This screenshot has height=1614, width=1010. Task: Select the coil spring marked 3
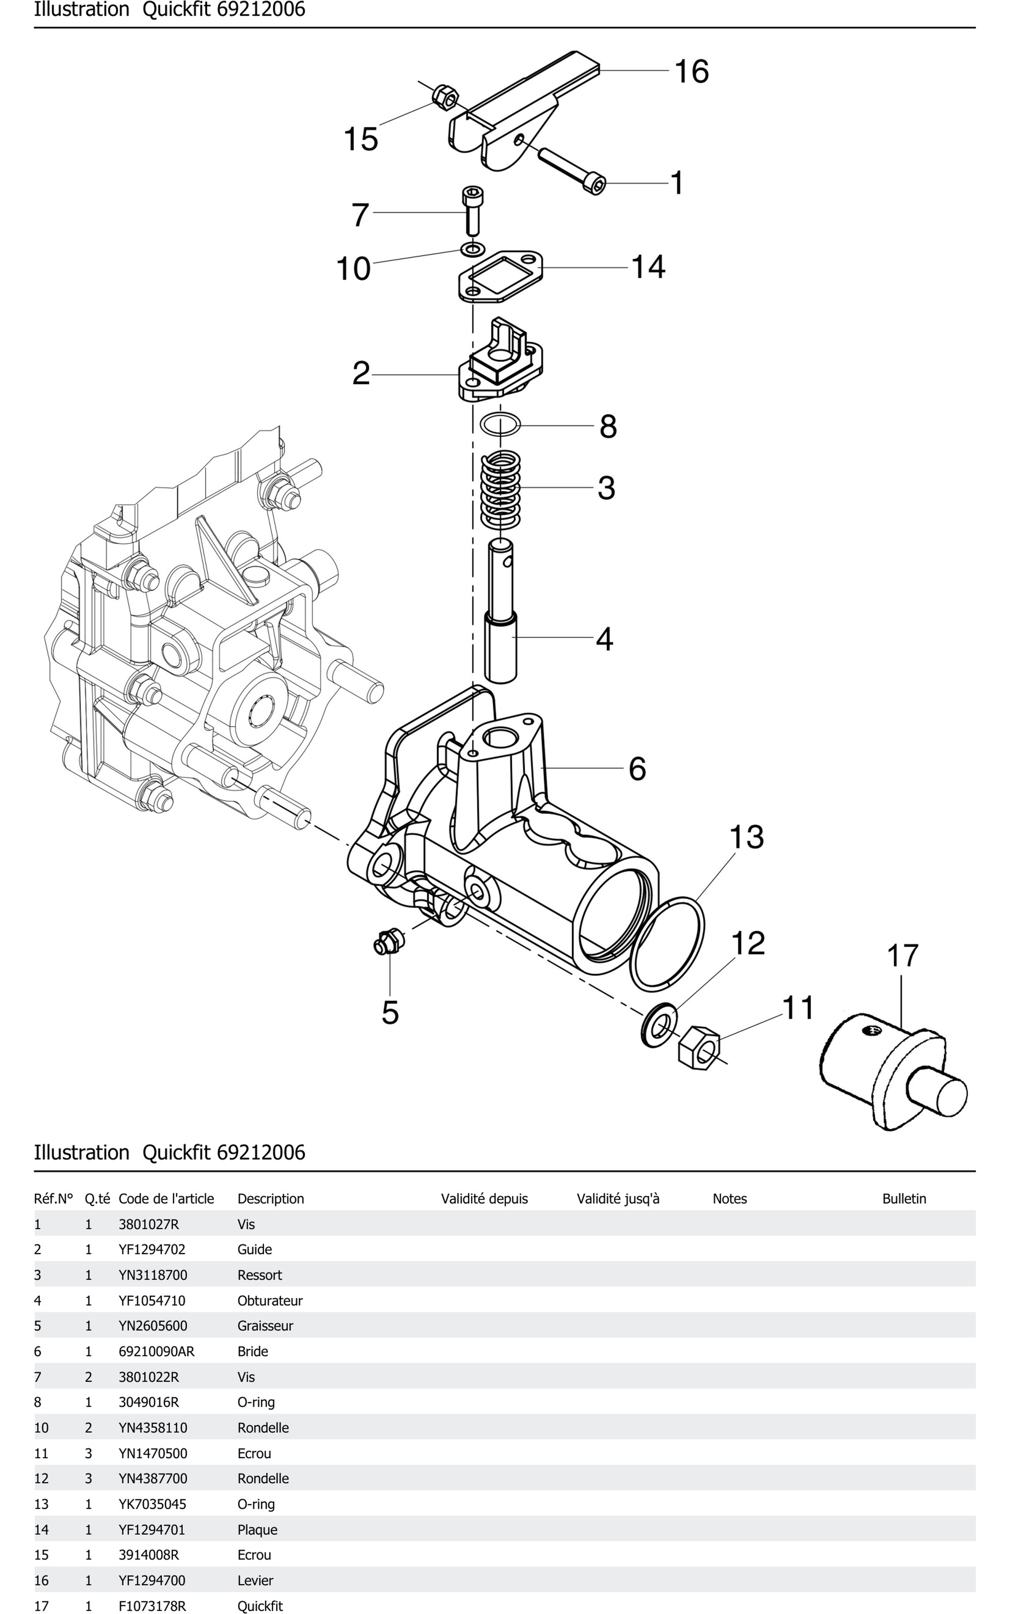coord(501,488)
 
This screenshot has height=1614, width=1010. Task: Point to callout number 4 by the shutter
coord(604,639)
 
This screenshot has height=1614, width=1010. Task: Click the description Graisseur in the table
coord(265,1326)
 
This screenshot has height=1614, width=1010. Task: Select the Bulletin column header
coord(904,1199)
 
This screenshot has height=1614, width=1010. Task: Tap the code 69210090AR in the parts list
coord(156,1351)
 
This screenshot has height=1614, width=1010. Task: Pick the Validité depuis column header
coord(484,1199)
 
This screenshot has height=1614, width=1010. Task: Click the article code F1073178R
coord(152,1605)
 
